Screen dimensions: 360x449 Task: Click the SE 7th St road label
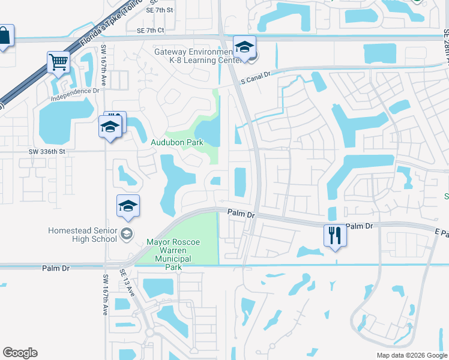[159, 10]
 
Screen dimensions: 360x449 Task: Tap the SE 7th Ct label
[150, 30]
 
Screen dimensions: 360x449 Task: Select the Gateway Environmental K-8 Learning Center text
[193, 56]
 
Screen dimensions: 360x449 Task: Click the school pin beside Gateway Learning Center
[244, 47]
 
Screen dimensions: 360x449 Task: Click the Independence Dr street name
[75, 92]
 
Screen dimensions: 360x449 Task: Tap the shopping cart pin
[58, 62]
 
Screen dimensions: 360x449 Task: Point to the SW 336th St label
[46, 152]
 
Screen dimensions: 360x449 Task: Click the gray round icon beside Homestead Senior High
[126, 234]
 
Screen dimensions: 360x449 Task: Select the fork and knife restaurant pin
[334, 235]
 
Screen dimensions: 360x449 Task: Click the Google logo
[20, 353]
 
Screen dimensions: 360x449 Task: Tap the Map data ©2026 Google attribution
[412, 355]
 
